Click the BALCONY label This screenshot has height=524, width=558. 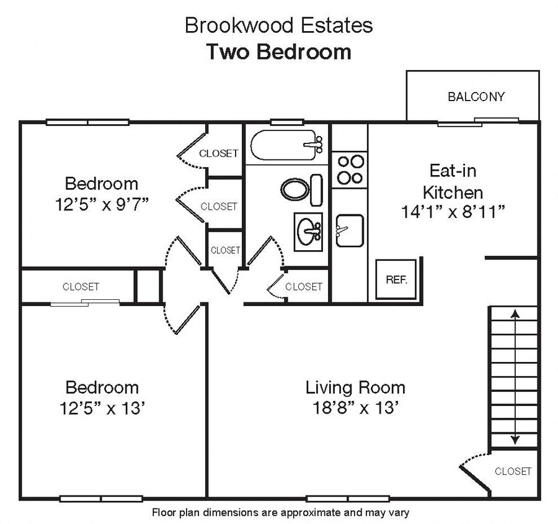click(476, 97)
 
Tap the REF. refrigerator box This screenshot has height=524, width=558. click(396, 279)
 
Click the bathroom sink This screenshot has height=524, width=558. click(308, 231)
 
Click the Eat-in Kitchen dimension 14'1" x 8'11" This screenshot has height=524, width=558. click(453, 211)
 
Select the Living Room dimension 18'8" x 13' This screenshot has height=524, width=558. click(355, 409)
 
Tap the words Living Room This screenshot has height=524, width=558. click(355, 388)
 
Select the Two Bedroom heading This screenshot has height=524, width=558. click(278, 52)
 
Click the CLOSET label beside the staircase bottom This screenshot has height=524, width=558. click(513, 471)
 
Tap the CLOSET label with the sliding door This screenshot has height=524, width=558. click(81, 286)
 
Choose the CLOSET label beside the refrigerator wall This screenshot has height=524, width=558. click(303, 286)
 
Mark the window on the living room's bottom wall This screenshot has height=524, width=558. click(339, 499)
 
